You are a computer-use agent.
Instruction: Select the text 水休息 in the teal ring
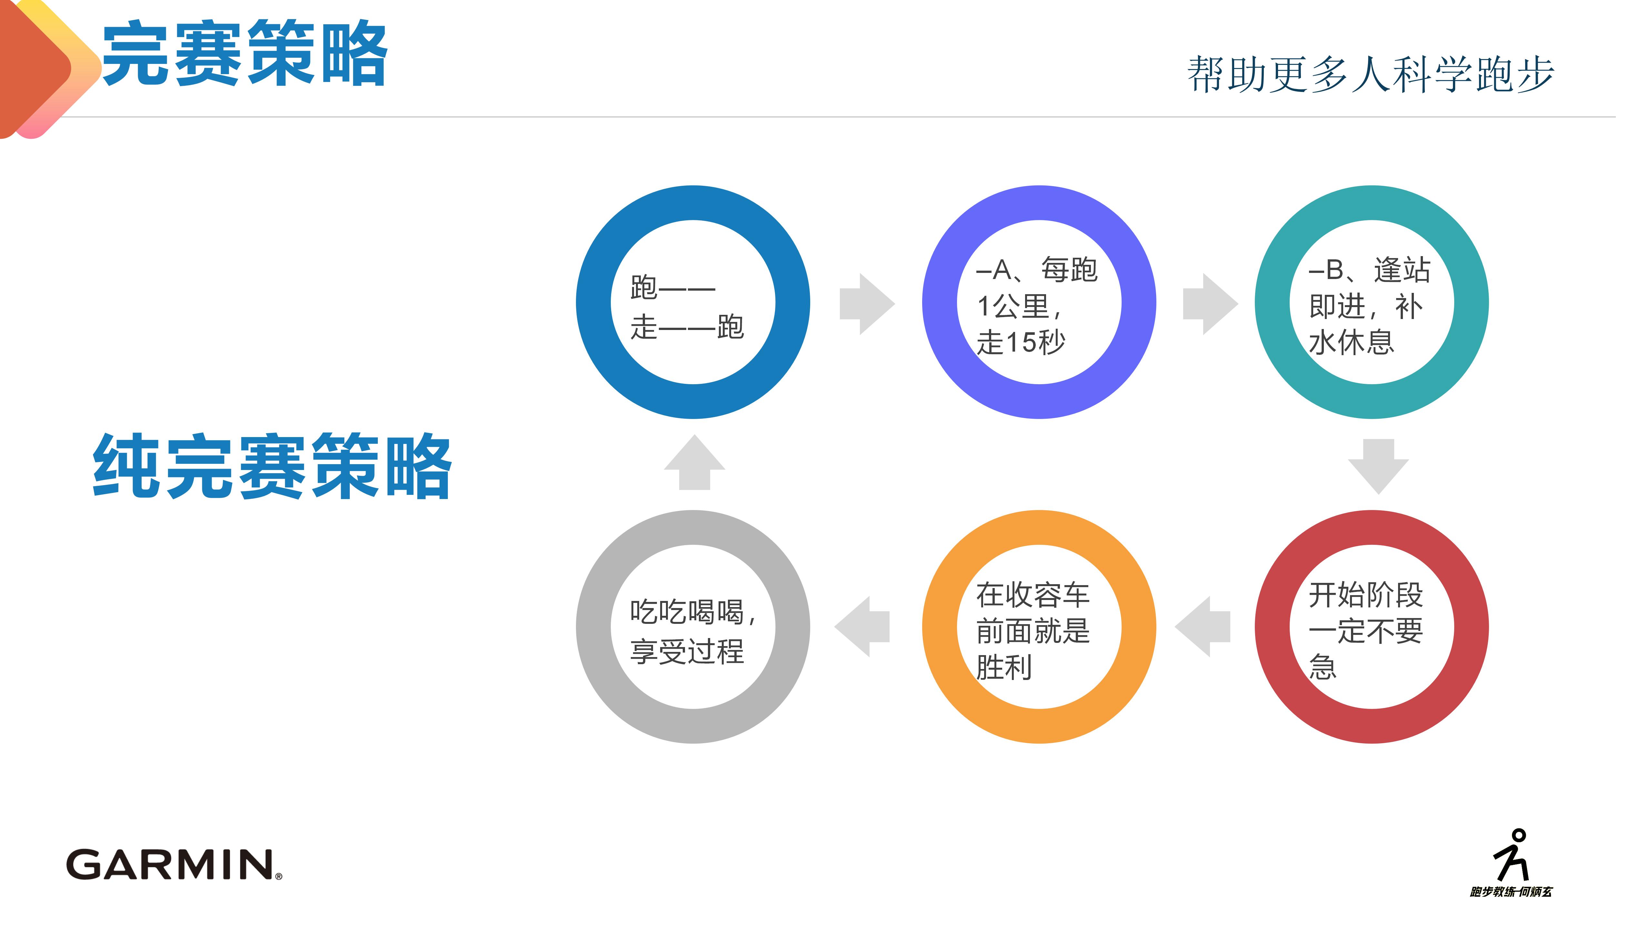[1351, 342]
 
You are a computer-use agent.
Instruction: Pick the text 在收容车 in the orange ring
[1032, 594]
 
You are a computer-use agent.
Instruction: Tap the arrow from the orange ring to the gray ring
[862, 626]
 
